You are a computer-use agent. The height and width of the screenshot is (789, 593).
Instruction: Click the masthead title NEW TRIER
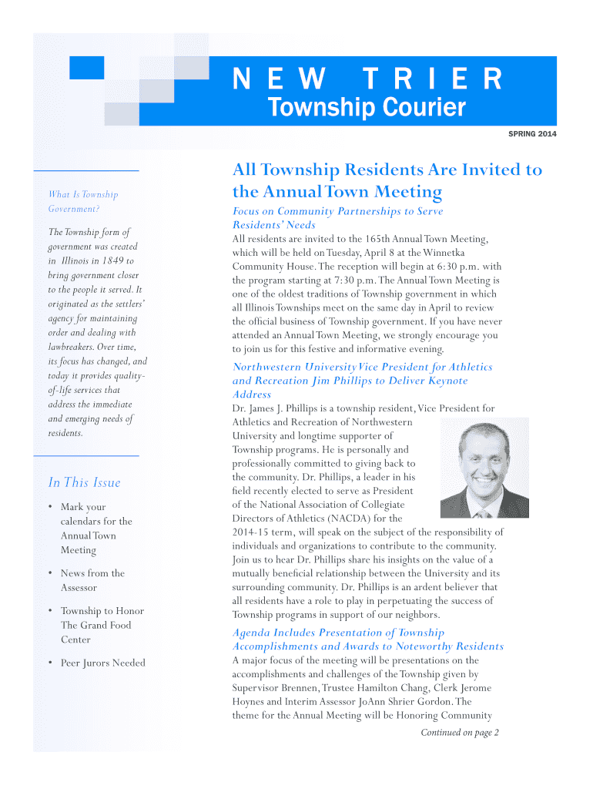[368, 79]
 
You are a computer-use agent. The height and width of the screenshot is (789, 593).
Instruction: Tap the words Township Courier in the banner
[366, 108]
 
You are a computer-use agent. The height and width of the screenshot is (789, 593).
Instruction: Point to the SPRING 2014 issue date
[532, 135]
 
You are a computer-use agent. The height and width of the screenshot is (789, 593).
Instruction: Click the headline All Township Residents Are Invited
[387, 180]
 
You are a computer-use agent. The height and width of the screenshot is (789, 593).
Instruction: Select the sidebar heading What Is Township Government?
[83, 201]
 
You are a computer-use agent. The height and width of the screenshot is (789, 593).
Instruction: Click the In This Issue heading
[84, 482]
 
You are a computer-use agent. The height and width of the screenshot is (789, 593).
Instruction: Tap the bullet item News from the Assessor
[92, 580]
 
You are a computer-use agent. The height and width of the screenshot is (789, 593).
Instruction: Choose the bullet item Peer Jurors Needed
[102, 663]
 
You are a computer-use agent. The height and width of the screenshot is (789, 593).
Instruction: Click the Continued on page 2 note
[460, 732]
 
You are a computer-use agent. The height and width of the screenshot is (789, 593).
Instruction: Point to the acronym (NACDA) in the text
[352, 519]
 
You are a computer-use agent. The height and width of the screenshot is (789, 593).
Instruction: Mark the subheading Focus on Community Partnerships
[338, 218]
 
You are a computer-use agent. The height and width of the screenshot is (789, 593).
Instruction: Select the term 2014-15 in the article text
[250, 532]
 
